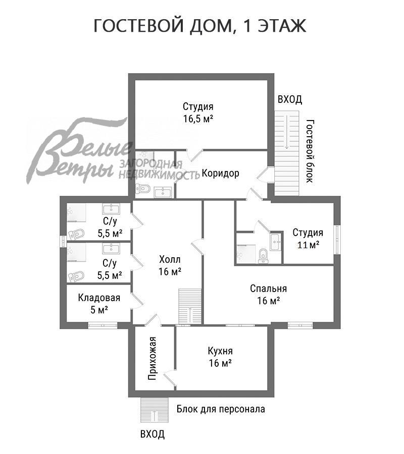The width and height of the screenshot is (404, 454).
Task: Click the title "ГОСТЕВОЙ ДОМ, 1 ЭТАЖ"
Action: click(x=200, y=26)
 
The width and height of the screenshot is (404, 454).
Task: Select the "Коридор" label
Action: click(x=220, y=174)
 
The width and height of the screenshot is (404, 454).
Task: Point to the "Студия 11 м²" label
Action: click(x=308, y=239)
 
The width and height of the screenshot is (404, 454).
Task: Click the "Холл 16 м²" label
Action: click(x=170, y=265)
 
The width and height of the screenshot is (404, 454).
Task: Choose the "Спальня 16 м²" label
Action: click(x=268, y=295)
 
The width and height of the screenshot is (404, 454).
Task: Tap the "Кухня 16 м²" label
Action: click(x=220, y=357)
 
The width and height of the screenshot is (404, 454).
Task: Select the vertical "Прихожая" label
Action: click(x=151, y=358)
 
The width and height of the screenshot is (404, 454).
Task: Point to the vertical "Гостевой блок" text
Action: click(x=310, y=151)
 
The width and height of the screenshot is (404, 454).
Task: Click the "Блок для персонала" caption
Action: click(x=221, y=409)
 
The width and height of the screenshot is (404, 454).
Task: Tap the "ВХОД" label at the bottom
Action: click(x=153, y=434)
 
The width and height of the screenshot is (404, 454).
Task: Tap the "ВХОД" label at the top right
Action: click(x=290, y=99)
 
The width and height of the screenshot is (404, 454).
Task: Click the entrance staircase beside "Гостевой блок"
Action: click(x=287, y=151)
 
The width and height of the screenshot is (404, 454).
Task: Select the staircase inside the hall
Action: click(x=190, y=305)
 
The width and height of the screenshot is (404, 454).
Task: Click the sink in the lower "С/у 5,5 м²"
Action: click(x=110, y=249)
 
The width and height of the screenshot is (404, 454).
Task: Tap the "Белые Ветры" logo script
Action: click(x=76, y=151)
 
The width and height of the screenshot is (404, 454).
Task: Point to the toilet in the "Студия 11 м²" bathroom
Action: click(x=262, y=256)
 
